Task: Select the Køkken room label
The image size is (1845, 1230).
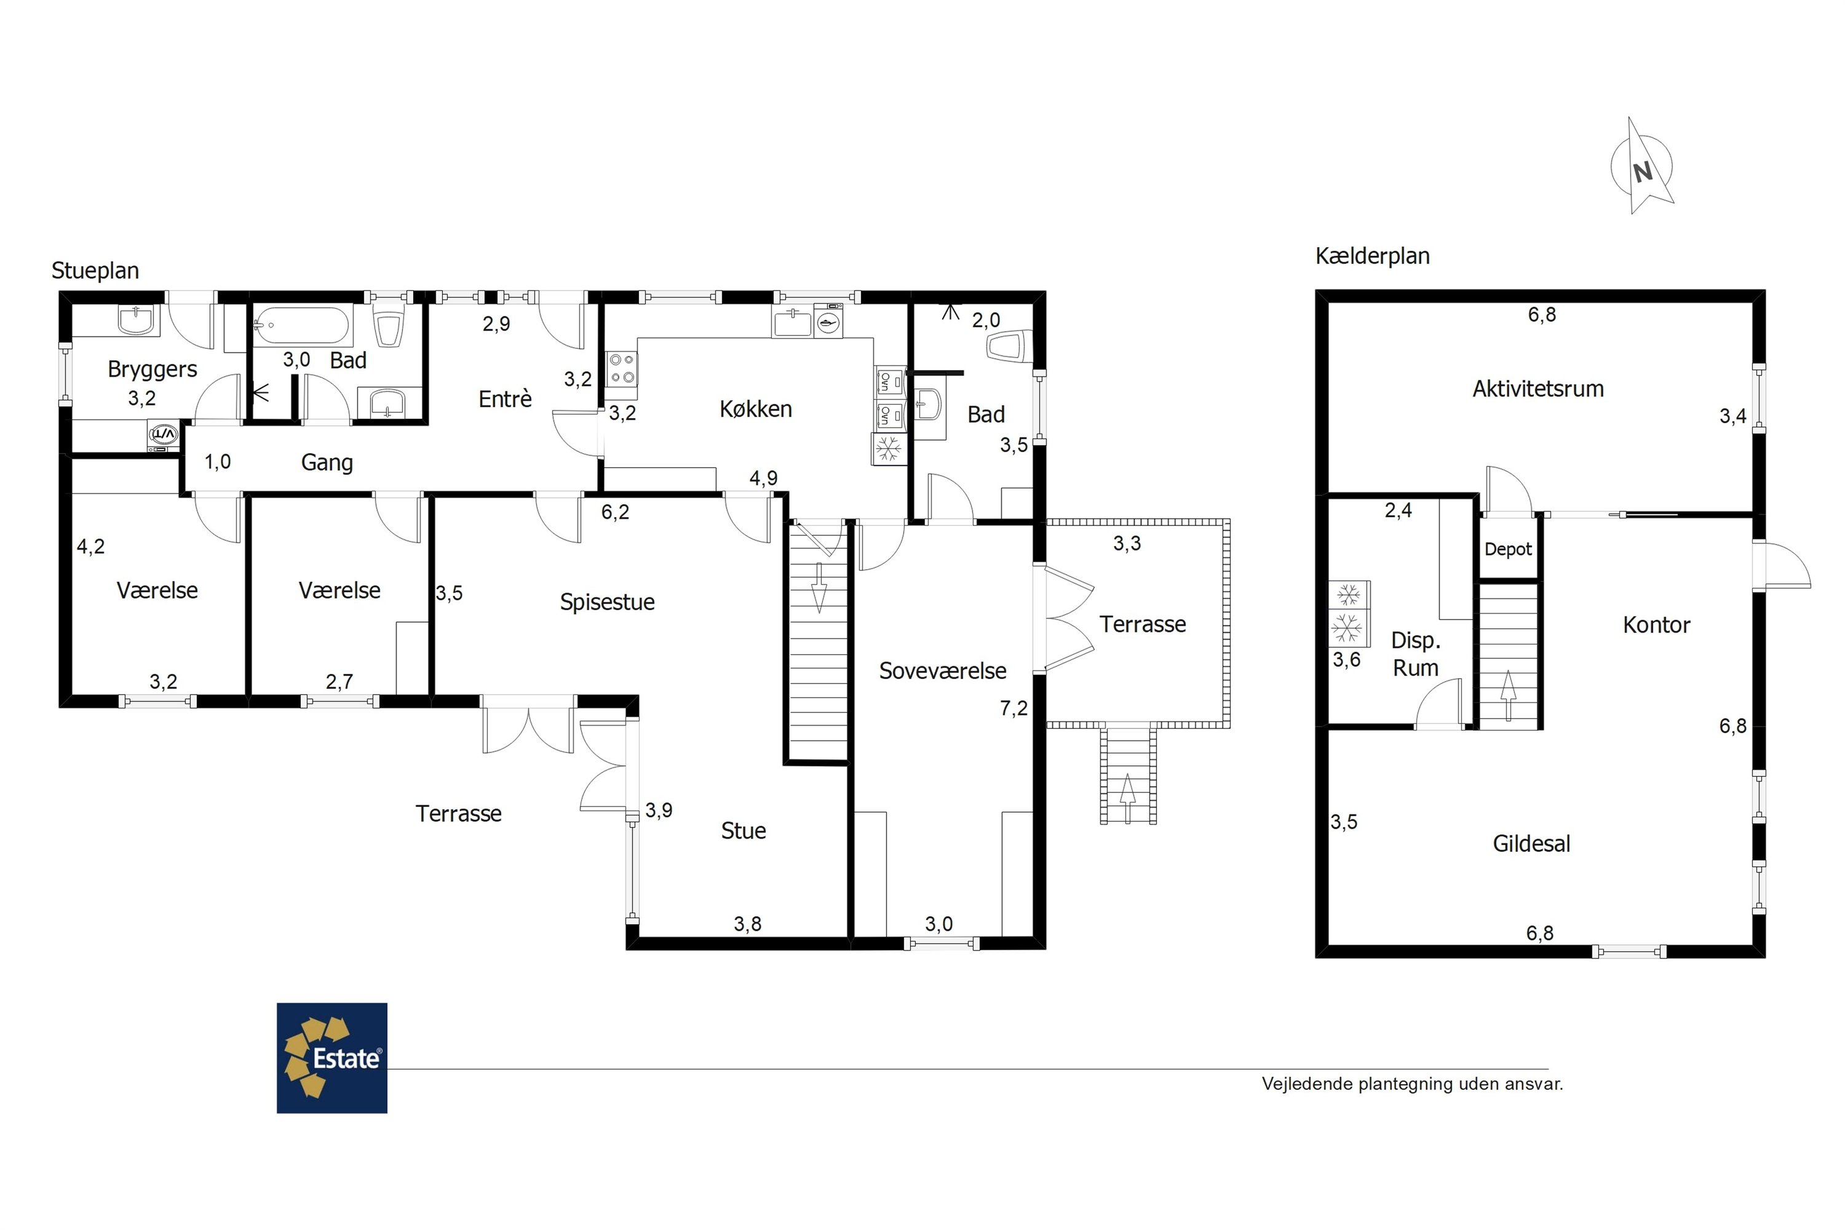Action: [x=755, y=409]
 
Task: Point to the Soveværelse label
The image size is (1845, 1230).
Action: [x=942, y=671]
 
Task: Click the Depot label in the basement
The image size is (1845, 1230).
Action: [x=1508, y=549]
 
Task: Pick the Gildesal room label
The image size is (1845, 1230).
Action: [x=1531, y=843]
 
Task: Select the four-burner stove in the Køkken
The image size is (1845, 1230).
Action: [x=622, y=368]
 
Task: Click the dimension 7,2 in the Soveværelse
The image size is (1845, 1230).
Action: [x=1014, y=708]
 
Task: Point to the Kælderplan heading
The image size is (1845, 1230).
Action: [x=1372, y=256]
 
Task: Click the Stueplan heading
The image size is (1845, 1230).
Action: [x=95, y=271]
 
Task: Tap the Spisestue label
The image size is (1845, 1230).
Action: [x=607, y=601]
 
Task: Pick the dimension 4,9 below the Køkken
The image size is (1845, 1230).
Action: [x=763, y=478]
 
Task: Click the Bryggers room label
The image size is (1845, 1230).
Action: [x=152, y=370]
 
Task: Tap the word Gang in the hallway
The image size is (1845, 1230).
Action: [x=327, y=463]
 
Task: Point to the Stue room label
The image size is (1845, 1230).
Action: [x=744, y=831]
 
